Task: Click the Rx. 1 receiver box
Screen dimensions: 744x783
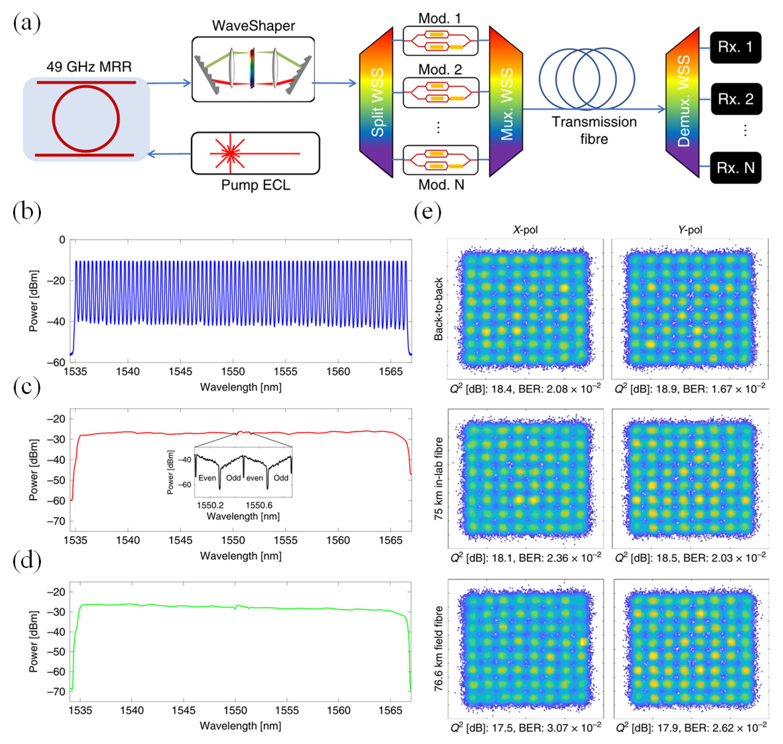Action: click(x=735, y=47)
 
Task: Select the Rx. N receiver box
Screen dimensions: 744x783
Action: click(x=735, y=168)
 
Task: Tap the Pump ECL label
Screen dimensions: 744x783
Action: click(x=255, y=185)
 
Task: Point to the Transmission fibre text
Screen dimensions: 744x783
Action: click(x=594, y=130)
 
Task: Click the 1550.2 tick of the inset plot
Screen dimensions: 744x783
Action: click(x=210, y=505)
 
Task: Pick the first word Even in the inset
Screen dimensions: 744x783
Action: click(x=207, y=478)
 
